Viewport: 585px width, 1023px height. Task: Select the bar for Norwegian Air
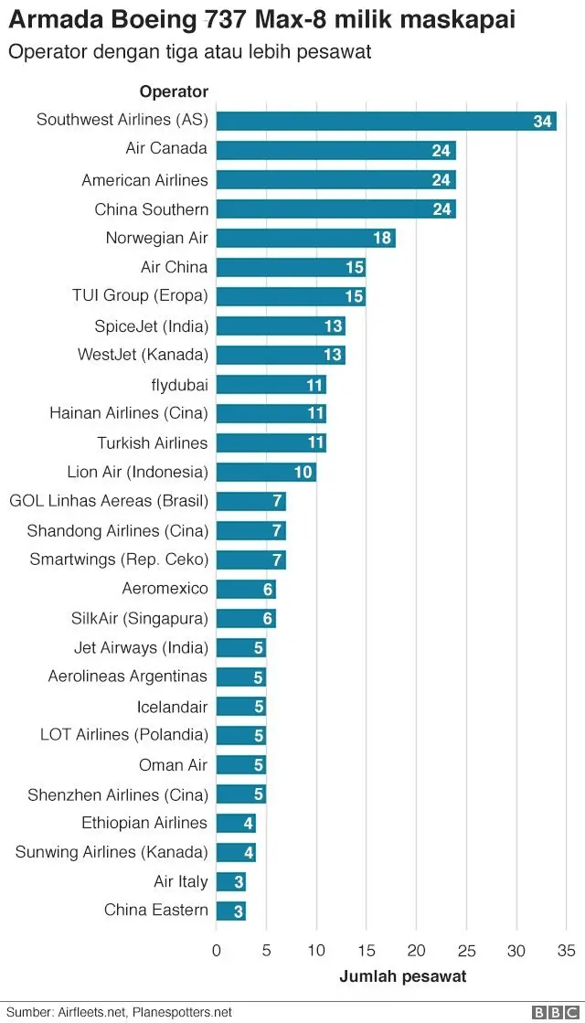(305, 238)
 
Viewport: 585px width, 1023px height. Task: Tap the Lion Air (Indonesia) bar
(266, 472)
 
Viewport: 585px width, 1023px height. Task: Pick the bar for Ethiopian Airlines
(236, 823)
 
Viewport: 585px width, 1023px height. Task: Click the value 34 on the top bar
(543, 122)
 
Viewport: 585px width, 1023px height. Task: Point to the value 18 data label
(382, 239)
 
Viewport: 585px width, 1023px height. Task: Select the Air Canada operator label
(166, 148)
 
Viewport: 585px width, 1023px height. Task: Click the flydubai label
(179, 384)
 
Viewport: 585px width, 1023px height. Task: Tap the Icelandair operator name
(172, 707)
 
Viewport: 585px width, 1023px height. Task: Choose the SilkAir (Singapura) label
(139, 618)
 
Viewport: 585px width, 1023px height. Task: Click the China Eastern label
(155, 910)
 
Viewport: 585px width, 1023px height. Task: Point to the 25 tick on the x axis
(467, 950)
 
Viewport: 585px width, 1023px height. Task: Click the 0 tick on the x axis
(217, 950)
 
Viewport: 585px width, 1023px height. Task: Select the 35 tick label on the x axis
(567, 950)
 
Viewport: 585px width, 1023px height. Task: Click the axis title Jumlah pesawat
(402, 976)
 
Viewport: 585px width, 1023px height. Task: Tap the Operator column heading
(174, 91)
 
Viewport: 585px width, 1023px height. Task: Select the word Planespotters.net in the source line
(183, 1012)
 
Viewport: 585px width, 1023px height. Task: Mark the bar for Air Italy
(231, 881)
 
